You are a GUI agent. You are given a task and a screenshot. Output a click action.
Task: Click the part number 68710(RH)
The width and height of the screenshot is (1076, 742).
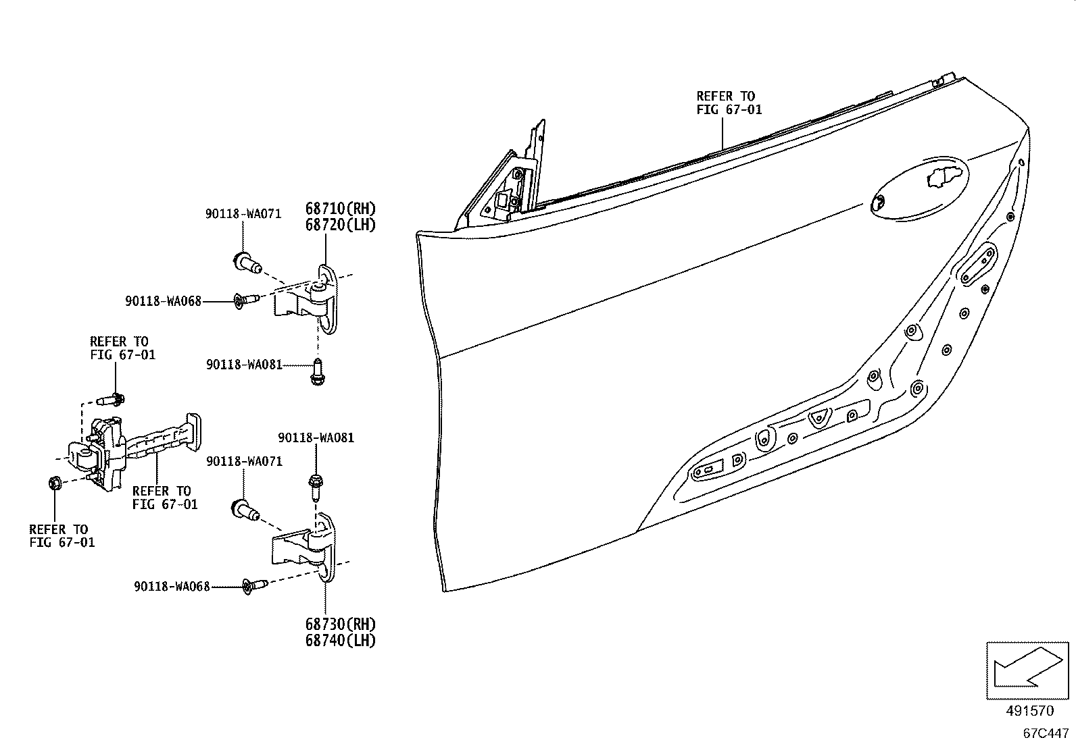click(x=340, y=209)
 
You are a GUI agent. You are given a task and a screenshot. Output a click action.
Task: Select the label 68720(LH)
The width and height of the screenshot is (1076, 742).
click(x=340, y=225)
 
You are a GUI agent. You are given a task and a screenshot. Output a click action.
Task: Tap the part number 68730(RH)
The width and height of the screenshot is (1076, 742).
click(x=340, y=625)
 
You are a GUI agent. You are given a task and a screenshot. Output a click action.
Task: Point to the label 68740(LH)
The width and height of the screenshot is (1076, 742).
click(x=340, y=640)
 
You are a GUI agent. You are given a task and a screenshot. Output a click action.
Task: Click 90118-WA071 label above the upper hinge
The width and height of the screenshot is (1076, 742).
click(x=243, y=213)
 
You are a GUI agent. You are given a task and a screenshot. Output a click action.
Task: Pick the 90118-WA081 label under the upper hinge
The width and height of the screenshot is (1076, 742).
click(x=244, y=365)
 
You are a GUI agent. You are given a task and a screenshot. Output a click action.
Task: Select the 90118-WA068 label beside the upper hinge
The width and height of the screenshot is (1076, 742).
click(x=163, y=301)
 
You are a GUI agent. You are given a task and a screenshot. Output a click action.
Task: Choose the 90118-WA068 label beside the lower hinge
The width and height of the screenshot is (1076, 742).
click(x=172, y=587)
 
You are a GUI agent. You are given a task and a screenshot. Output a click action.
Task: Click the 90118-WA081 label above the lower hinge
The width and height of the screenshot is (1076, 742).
click(x=316, y=438)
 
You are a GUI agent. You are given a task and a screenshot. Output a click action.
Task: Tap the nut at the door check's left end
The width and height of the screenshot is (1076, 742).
click(x=55, y=482)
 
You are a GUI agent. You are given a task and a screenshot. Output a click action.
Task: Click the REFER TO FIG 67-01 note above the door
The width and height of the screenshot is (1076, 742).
click(x=729, y=103)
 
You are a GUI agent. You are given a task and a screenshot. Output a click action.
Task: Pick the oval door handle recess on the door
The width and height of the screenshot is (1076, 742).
click(x=919, y=188)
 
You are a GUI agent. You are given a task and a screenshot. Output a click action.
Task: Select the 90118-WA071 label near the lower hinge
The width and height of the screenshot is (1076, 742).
click(x=244, y=460)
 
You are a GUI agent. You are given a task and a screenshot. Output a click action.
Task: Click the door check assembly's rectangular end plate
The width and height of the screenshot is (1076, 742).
click(x=193, y=432)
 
